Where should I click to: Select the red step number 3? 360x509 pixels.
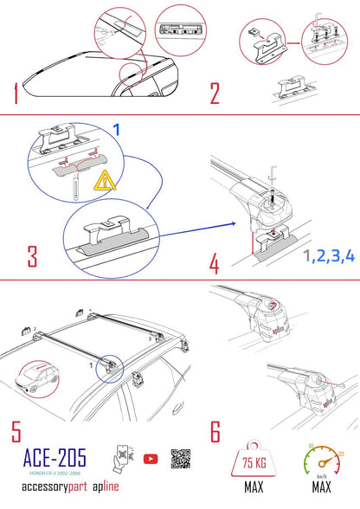click(x=32, y=257)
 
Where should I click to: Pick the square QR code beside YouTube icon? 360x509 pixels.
click(x=180, y=460)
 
